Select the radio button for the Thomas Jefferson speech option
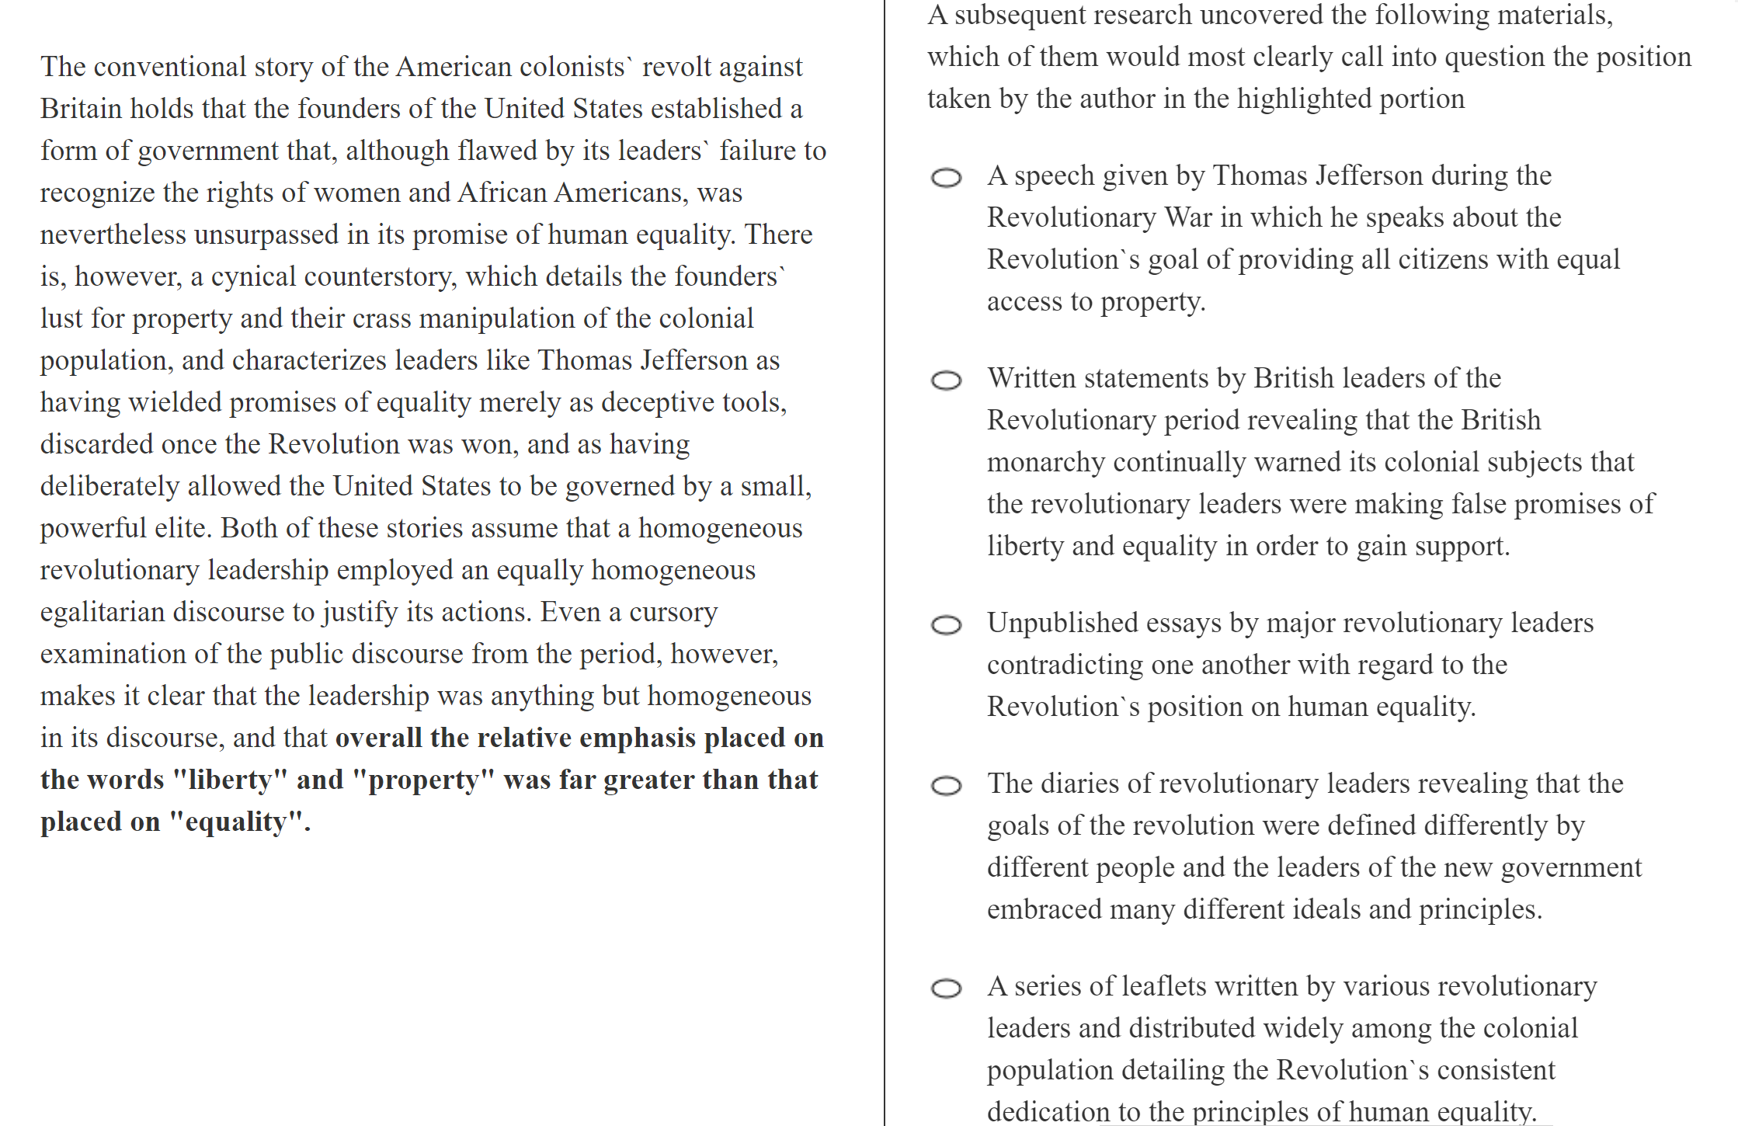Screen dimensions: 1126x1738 [946, 178]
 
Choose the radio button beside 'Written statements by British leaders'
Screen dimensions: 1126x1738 [946, 381]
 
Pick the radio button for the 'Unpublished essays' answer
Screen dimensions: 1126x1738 [946, 625]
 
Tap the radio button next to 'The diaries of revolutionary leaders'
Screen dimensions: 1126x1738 [946, 786]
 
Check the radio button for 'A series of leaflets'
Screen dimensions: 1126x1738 [946, 989]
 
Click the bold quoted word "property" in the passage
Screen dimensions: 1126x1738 [423, 780]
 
